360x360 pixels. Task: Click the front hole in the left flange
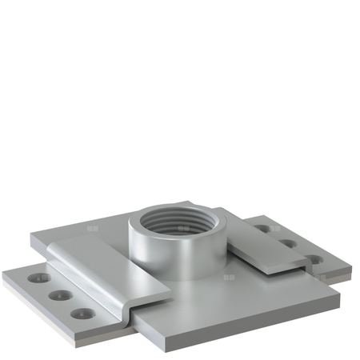[x=79, y=312]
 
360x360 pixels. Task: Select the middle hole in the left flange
[x=58, y=295]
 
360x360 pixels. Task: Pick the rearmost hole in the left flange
[x=37, y=279]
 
